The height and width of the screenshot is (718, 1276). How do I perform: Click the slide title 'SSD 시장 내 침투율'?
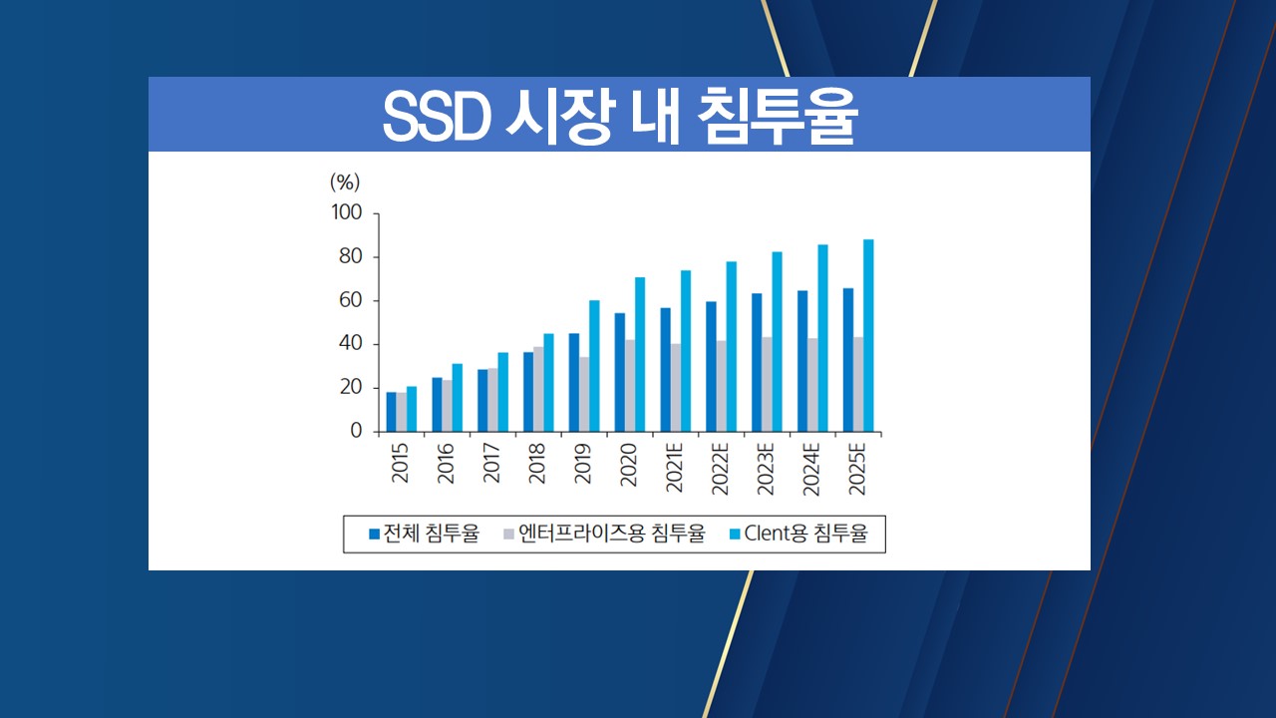click(619, 119)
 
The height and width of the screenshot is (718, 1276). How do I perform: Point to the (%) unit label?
click(345, 182)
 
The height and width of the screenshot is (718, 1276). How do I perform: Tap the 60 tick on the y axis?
click(350, 301)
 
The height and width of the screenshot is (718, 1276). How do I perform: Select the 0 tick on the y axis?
click(356, 432)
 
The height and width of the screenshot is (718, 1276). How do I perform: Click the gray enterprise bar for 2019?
click(584, 394)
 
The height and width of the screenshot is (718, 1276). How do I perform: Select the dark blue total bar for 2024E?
click(801, 361)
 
